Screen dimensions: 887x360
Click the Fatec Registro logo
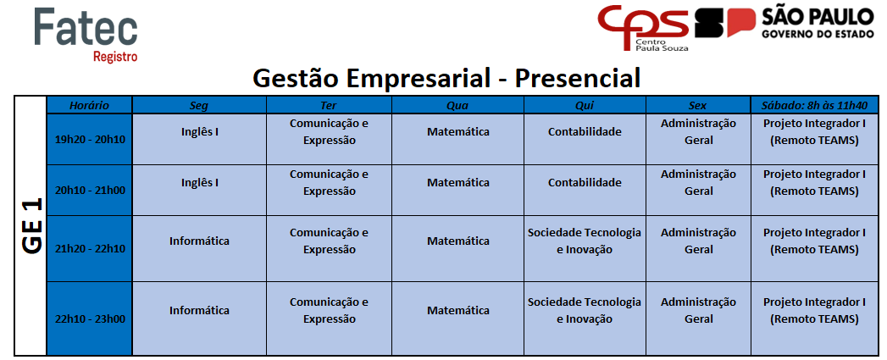86,35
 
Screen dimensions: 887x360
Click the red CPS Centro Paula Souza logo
645,28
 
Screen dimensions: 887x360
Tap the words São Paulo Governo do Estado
810,23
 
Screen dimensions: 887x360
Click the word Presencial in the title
578,78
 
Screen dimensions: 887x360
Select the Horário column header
90,105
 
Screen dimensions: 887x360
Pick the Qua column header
457,105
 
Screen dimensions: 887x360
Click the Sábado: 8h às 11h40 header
815,105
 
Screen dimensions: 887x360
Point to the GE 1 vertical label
31,226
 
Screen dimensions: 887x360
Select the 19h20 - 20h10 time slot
90,139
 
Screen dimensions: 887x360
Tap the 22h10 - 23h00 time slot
90,318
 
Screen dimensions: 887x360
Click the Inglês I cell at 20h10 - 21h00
200,183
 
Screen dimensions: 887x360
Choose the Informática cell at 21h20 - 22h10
200,241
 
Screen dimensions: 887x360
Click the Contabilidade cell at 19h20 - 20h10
585,132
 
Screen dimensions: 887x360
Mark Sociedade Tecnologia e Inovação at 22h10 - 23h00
585,310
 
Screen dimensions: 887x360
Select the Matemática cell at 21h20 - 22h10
458,241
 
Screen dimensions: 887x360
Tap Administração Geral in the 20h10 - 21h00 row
699,183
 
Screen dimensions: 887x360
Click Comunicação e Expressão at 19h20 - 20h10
330,132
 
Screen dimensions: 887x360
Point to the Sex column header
697,105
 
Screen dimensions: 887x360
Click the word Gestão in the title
295,78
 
